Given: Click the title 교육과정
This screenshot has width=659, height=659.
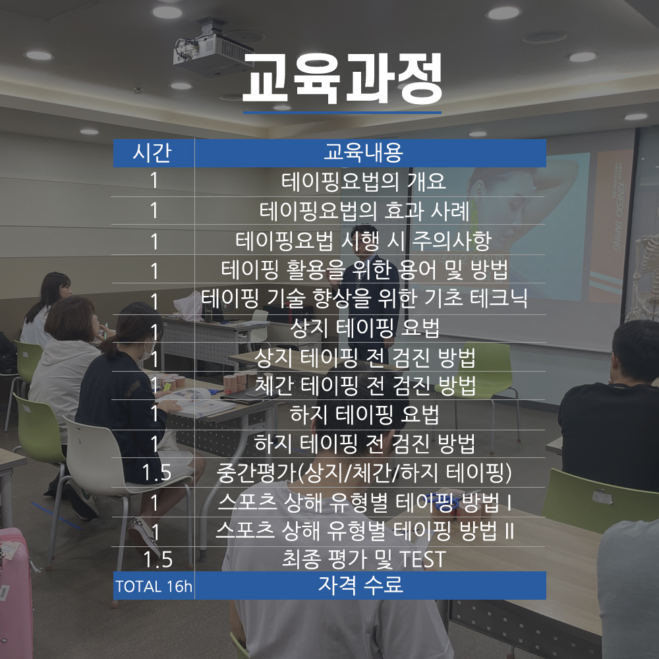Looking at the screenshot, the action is [342, 78].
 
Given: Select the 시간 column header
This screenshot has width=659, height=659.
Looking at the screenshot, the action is [152, 152].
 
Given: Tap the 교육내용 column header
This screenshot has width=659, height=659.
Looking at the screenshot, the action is [364, 152].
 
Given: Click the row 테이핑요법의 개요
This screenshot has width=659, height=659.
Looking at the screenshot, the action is [364, 182].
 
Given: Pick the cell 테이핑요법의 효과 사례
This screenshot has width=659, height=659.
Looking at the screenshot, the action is [364, 211].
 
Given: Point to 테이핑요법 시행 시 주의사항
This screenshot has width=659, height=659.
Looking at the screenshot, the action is [364, 241].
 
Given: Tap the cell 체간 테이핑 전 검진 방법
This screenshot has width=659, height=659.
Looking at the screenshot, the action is [365, 386].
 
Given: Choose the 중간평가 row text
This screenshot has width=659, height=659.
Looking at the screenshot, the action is [364, 473].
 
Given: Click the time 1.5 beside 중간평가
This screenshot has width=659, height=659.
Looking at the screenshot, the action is [156, 473].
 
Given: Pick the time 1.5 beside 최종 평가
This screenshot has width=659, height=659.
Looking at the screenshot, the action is [158, 559].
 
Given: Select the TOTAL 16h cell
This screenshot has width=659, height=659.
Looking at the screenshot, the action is [154, 587].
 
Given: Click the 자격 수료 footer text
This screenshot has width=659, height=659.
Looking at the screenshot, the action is [360, 585].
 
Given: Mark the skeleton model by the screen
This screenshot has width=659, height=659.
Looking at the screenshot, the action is [645, 277].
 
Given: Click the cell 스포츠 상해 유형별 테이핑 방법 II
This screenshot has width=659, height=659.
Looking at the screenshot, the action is [364, 530].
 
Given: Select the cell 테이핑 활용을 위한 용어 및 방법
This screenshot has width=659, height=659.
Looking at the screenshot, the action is [364, 270].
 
